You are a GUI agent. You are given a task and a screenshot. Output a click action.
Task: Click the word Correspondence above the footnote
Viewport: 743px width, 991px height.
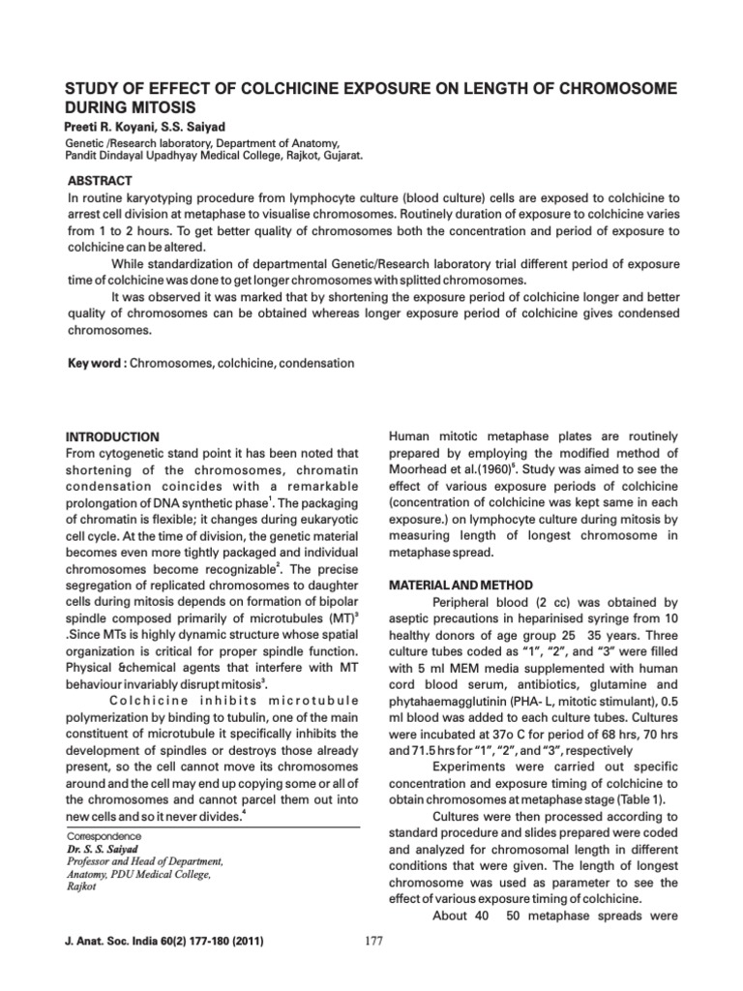click(104, 836)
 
